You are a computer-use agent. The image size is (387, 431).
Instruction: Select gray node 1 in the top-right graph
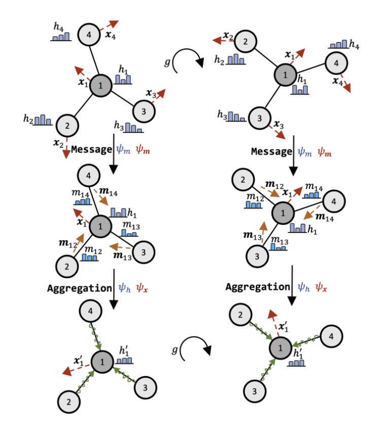285,75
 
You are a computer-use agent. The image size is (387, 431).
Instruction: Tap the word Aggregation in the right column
256,287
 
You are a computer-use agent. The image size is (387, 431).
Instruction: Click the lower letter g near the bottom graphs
174,350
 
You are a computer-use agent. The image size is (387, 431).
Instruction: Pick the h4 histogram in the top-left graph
61,37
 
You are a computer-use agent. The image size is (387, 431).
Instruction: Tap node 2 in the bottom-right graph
239,316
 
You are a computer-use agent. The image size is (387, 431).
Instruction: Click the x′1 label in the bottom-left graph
78,361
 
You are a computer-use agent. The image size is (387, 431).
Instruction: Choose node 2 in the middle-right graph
242,179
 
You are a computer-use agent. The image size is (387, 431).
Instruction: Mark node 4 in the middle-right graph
333,201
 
